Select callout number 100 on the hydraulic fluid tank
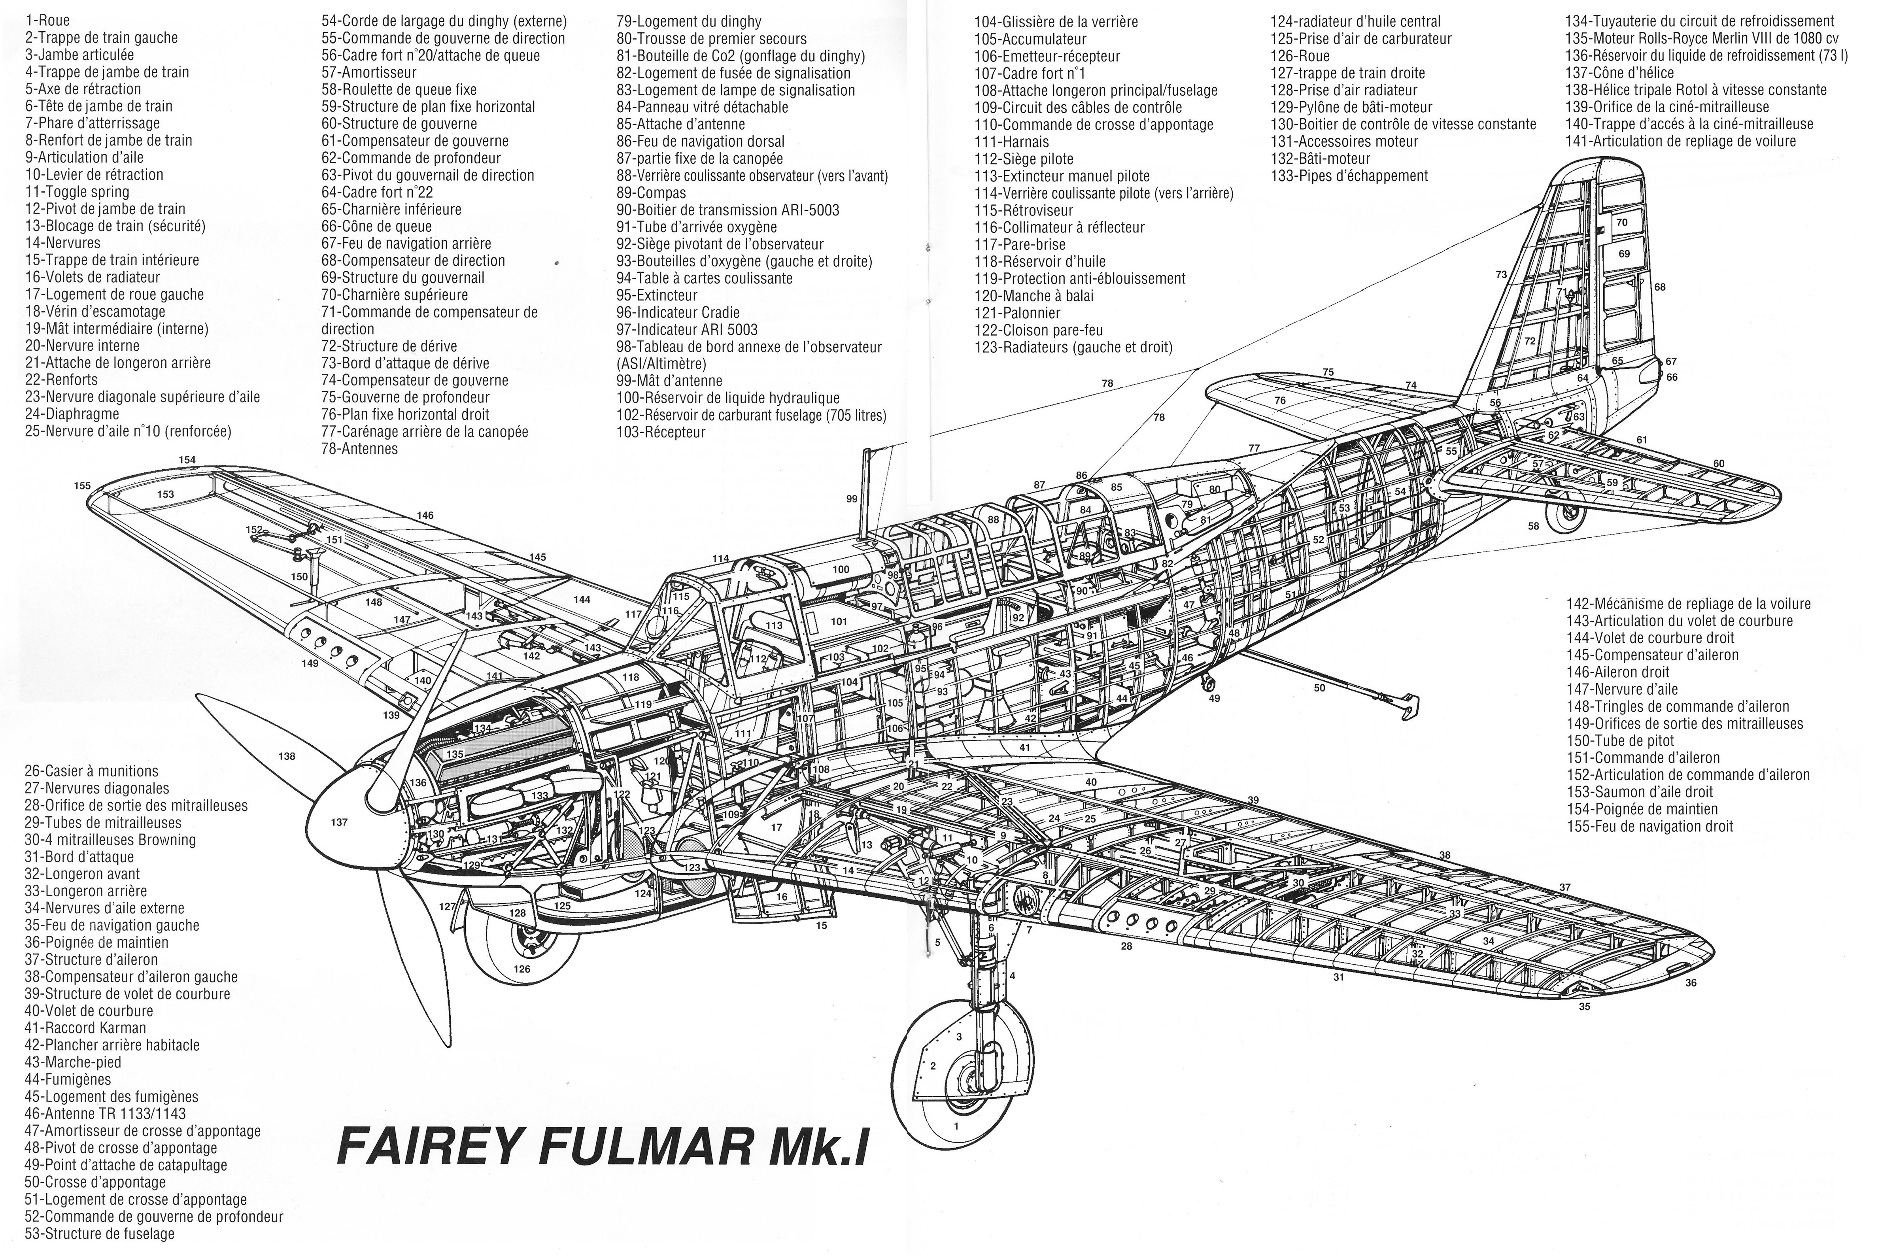click(841, 570)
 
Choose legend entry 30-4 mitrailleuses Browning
click(111, 839)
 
